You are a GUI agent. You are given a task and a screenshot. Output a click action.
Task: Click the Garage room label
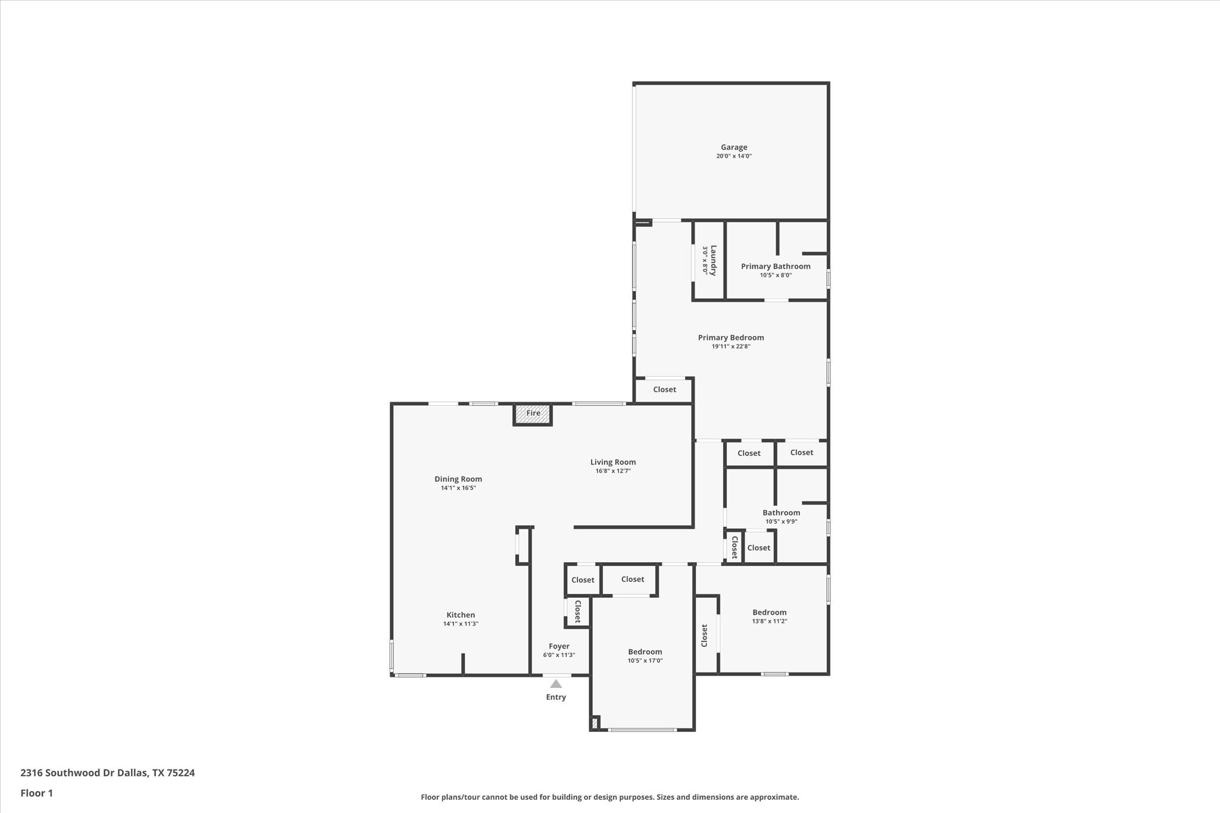coord(733,147)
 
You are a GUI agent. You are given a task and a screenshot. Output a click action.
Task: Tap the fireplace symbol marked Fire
coord(533,414)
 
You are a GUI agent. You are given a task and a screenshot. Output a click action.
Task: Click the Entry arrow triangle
coord(556,684)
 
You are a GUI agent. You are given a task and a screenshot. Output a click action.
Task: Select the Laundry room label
coord(713,260)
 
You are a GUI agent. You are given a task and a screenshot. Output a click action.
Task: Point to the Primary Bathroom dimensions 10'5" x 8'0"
coord(775,275)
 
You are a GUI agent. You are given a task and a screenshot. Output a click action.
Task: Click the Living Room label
coord(612,462)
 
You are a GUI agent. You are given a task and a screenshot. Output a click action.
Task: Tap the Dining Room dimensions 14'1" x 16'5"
coord(458,488)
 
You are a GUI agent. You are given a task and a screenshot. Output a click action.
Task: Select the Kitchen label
coord(460,615)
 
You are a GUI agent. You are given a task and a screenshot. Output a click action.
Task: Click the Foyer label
coord(559,646)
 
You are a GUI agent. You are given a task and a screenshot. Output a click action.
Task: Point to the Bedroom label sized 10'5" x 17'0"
coord(645,652)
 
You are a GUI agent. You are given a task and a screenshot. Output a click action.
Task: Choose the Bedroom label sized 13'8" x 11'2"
coord(769,612)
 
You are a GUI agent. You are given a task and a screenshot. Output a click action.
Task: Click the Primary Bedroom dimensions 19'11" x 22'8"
coord(730,346)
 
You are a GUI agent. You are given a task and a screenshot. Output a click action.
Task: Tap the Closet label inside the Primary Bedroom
coord(664,390)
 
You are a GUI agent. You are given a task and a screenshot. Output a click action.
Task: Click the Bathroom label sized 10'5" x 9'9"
coord(781,512)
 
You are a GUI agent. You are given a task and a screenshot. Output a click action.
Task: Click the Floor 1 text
coord(36,793)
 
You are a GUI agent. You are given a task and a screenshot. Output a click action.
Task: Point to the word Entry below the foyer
coord(556,697)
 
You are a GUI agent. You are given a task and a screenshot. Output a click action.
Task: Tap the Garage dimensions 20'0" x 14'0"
coord(733,156)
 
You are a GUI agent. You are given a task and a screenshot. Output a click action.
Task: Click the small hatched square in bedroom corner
coord(594,724)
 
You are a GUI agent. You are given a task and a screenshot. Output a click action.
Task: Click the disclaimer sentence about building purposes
coord(609,797)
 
